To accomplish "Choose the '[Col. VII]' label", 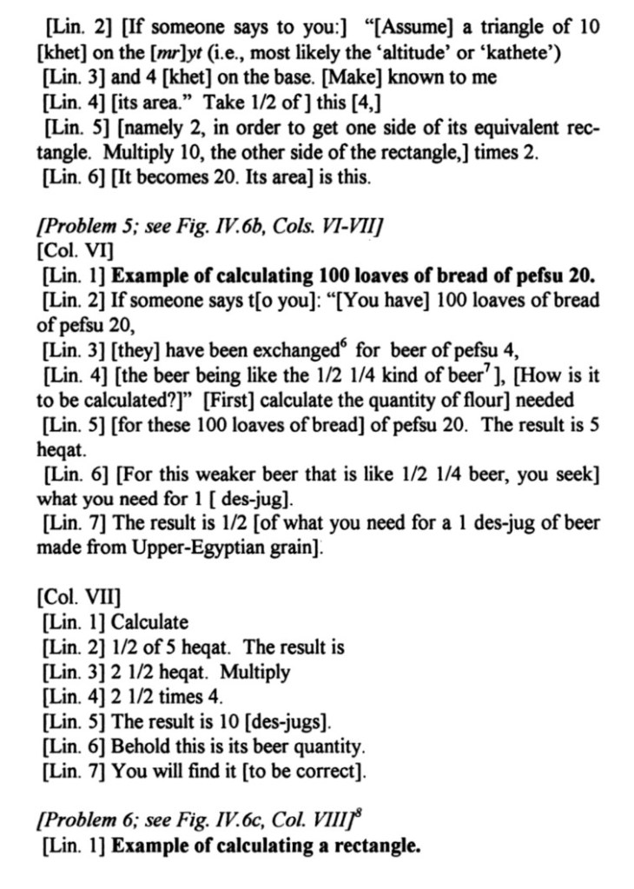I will tap(70, 597).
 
